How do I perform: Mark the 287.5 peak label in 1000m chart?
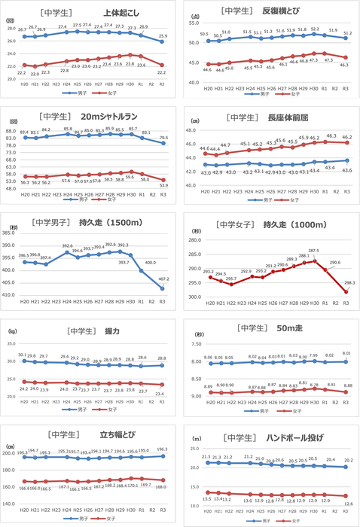(313, 251)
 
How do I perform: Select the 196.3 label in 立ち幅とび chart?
(164, 449)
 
